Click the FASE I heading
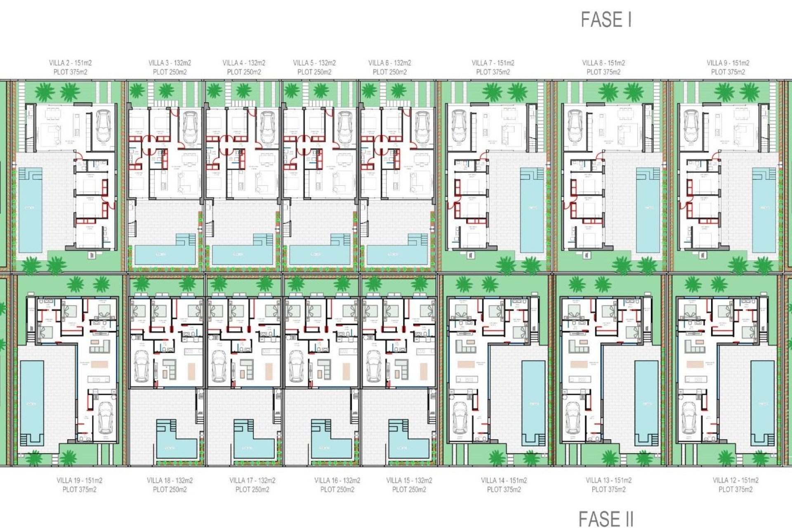click(606, 20)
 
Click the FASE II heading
click(606, 519)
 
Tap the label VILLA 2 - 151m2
click(70, 63)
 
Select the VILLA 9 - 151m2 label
click(728, 63)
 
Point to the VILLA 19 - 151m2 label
click(79, 481)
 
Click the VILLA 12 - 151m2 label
click(735, 481)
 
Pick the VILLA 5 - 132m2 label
click(314, 63)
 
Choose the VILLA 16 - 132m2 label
click(337, 481)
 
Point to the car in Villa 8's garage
click(575, 126)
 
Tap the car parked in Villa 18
click(141, 366)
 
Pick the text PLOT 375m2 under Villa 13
click(608, 490)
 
